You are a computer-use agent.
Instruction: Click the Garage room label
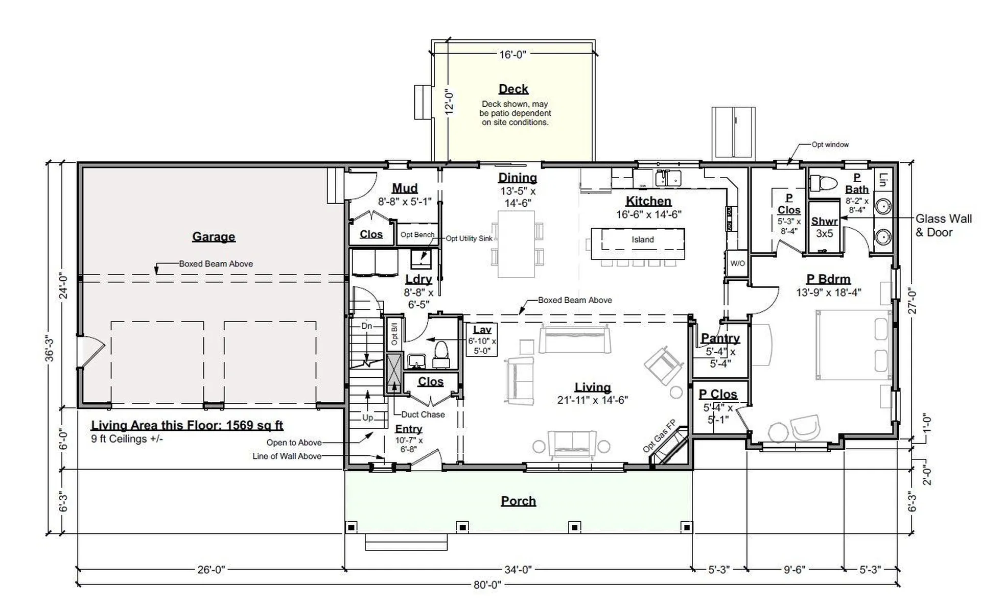click(x=214, y=237)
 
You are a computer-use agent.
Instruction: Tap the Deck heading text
click(x=513, y=89)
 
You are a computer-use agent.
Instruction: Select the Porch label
click(x=518, y=501)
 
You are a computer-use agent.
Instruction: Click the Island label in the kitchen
click(x=642, y=239)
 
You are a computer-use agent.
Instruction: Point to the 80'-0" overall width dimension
click(x=487, y=585)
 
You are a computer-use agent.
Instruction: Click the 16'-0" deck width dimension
click(x=512, y=54)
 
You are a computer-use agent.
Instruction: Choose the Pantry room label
click(x=720, y=338)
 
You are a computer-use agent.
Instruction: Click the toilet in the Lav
click(x=441, y=353)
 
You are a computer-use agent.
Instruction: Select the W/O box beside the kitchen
click(x=737, y=263)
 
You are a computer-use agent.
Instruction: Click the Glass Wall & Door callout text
click(x=943, y=226)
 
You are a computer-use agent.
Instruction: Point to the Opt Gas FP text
click(x=659, y=436)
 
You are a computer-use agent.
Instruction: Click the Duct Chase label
click(x=423, y=415)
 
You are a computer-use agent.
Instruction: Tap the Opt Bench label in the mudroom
click(x=417, y=235)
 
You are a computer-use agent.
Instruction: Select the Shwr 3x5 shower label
click(x=825, y=227)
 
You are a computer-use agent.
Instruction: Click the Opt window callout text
click(x=830, y=144)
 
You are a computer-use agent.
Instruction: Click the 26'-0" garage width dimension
click(x=211, y=570)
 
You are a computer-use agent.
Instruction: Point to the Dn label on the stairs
click(x=366, y=326)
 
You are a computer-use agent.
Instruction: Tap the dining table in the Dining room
click(x=516, y=244)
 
